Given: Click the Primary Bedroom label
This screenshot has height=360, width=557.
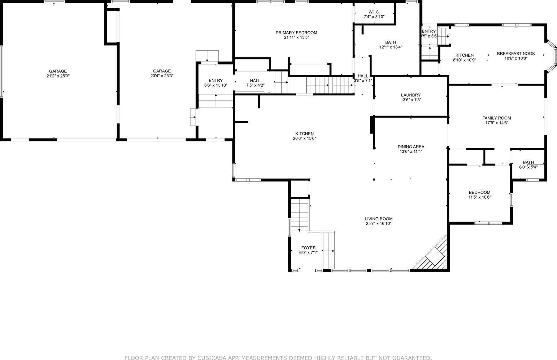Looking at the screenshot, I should [x=296, y=33].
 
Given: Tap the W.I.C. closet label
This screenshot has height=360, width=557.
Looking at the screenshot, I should [x=374, y=12].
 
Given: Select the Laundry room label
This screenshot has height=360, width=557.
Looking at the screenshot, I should [x=411, y=95].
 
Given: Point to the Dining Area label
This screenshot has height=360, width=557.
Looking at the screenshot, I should [x=411, y=147].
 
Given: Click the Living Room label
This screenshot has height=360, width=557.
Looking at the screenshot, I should [x=378, y=219].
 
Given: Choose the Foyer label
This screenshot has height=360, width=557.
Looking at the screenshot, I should [x=308, y=248].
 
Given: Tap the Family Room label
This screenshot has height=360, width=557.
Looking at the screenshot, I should [x=496, y=118].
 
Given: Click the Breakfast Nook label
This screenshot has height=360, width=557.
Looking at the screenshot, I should [x=516, y=54].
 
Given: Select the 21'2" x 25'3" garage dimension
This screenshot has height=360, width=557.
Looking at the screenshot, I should [x=58, y=76].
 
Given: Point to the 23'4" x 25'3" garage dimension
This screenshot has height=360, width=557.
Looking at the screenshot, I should [x=162, y=76].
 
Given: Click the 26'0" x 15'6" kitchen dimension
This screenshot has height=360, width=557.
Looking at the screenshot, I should [x=305, y=138].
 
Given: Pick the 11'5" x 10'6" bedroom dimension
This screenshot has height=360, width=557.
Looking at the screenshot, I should [x=479, y=197].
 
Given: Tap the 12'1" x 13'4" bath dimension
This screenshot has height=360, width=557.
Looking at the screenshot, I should [x=391, y=47].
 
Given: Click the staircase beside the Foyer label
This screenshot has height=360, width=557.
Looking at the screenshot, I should [x=329, y=250].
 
